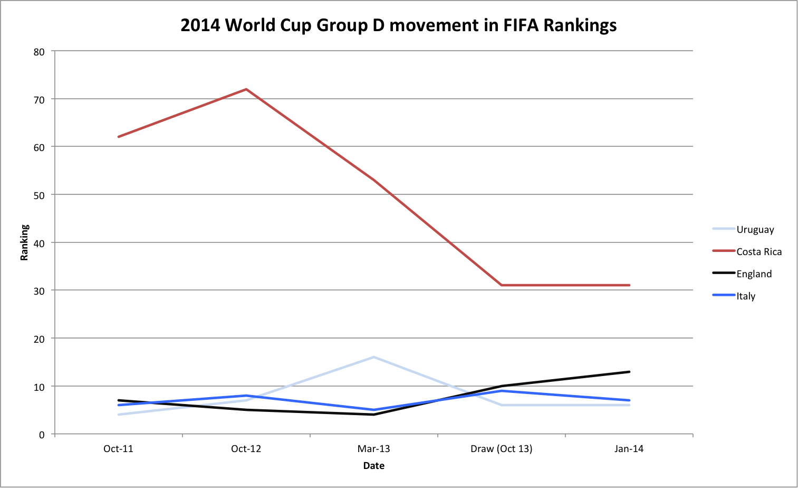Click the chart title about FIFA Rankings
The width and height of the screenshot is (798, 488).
(398, 25)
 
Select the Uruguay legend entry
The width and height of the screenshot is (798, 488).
(755, 230)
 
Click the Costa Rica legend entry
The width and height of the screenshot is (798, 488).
(758, 252)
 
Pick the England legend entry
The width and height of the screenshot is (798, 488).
(754, 274)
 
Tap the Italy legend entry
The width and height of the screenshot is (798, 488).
(746, 296)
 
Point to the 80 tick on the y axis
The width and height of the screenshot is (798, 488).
(39, 52)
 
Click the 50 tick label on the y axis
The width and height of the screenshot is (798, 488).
(39, 195)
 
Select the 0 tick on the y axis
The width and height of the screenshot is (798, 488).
(42, 435)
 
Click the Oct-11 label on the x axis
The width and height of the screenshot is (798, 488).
(118, 449)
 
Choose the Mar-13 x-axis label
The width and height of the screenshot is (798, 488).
(373, 449)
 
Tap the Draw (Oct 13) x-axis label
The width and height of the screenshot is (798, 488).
(501, 449)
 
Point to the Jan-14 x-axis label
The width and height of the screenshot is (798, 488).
(629, 449)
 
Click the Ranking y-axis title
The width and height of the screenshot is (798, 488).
(24, 242)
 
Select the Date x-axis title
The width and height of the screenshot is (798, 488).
(373, 466)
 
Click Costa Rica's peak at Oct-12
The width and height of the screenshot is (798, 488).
(246, 89)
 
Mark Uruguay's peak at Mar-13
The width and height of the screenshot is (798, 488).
(374, 357)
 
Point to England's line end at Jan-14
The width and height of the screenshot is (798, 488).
(629, 372)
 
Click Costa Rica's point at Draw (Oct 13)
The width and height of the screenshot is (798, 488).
(502, 285)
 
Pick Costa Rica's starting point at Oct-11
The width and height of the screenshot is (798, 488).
(119, 137)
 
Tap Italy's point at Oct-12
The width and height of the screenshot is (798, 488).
(246, 396)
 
